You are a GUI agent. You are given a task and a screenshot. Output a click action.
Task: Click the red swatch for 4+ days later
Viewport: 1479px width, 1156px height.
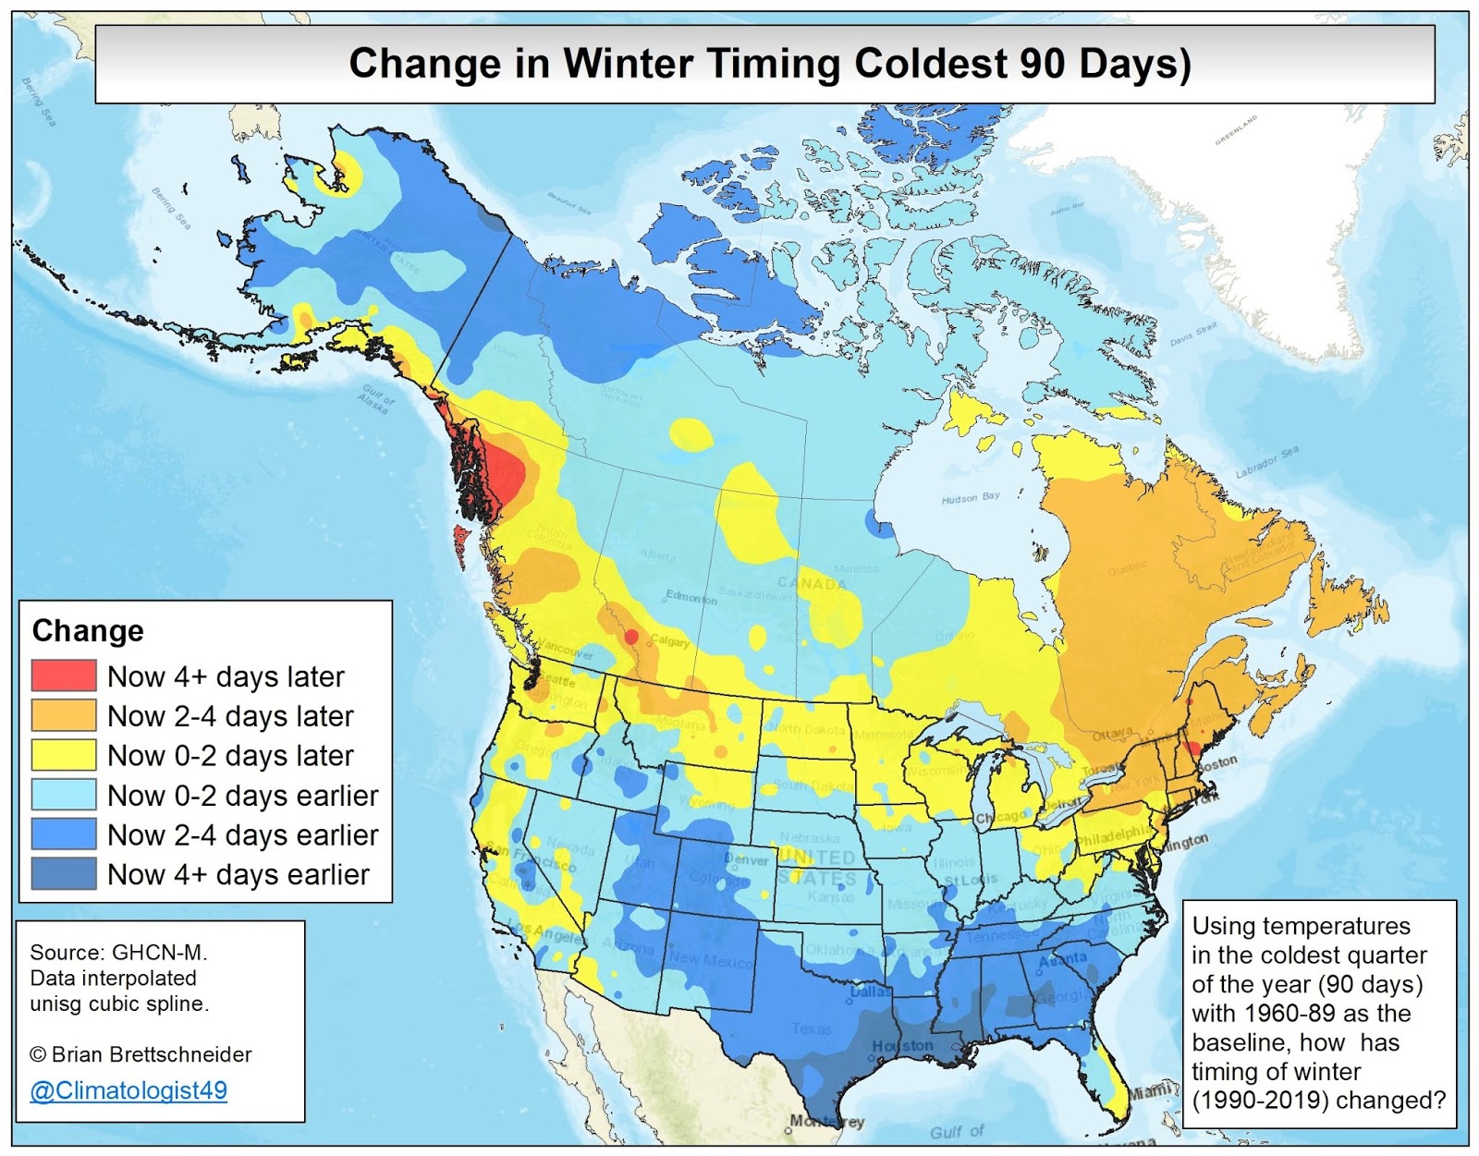pos(64,675)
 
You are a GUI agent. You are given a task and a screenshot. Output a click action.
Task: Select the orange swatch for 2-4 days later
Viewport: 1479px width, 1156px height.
pos(64,715)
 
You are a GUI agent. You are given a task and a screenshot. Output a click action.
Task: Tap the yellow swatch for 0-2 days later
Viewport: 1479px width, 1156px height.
pos(64,755)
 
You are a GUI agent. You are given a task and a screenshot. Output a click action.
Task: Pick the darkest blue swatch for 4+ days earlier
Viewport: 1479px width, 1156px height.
pos(64,874)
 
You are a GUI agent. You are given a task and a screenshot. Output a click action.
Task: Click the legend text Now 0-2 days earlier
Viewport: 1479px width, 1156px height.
pos(242,796)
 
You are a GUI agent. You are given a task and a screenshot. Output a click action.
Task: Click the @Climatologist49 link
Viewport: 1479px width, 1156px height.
pos(128,1090)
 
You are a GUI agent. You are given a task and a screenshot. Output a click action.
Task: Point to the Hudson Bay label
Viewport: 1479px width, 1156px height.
pos(971,498)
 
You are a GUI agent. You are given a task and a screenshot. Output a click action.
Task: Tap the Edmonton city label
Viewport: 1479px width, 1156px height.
pos(691,598)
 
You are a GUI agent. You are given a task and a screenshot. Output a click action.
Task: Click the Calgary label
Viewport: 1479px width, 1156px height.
pos(669,641)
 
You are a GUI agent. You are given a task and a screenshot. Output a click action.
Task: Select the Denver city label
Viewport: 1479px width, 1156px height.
pos(747,860)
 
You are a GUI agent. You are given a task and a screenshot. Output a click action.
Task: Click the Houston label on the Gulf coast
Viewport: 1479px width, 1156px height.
pos(902,1045)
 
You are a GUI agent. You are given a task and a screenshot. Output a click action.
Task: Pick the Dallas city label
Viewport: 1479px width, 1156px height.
pos(870,992)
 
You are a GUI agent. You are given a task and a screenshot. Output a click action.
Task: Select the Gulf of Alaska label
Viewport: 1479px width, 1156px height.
pos(377,398)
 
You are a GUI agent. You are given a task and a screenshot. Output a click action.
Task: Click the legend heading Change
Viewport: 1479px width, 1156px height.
pos(88,631)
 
